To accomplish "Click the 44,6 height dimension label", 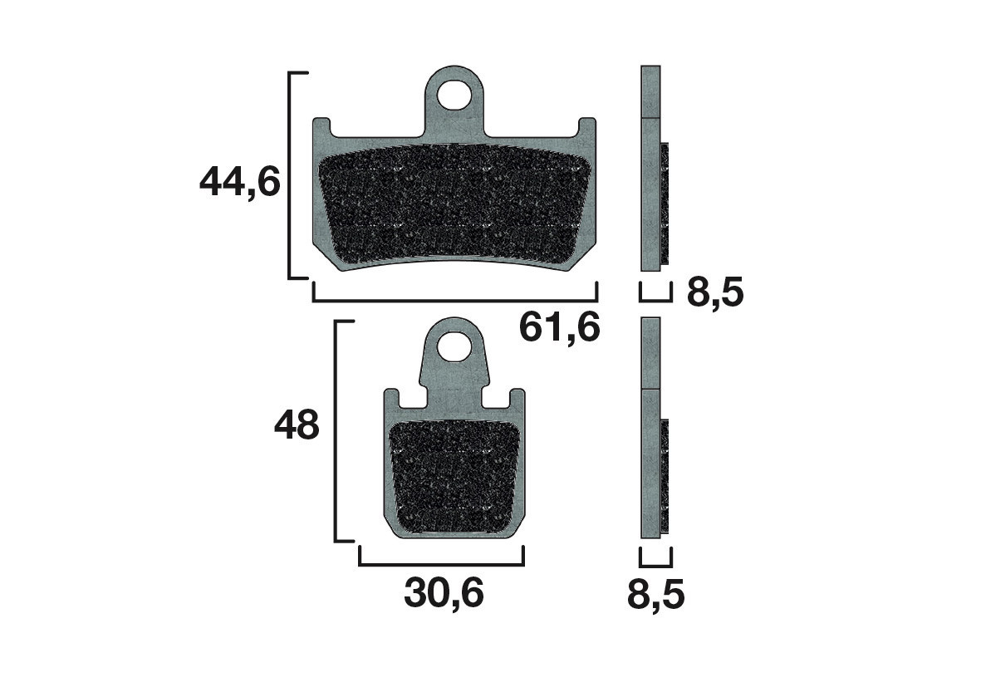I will [240, 182].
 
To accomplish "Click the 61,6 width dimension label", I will [559, 327].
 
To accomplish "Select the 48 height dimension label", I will [297, 427].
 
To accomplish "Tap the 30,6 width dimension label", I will [444, 593].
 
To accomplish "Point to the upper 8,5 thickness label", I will [714, 293].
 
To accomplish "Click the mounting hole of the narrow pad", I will [454, 346].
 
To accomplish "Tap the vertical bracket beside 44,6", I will [290, 175].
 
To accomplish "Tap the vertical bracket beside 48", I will [336, 431].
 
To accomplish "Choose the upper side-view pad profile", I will [651, 169].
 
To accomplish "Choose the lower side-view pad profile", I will [651, 428].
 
